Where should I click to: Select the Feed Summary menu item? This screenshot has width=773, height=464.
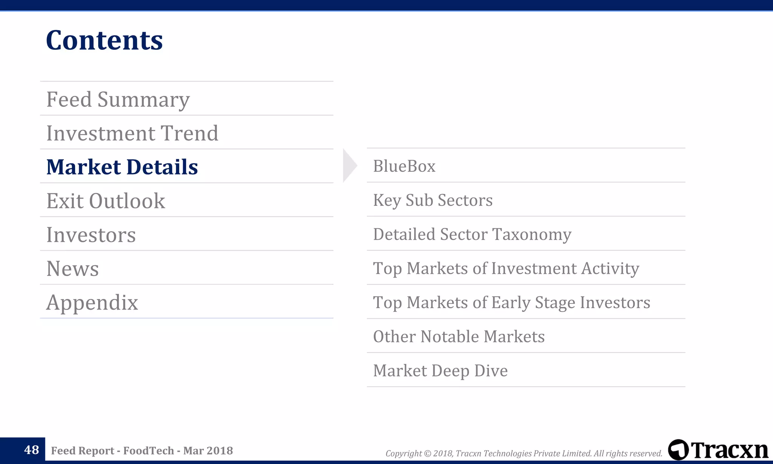[118, 99]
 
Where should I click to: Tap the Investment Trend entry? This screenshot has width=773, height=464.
[132, 133]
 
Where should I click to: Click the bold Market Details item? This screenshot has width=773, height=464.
[122, 167]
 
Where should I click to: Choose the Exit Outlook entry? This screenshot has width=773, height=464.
[106, 201]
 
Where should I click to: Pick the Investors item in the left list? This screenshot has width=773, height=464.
[91, 235]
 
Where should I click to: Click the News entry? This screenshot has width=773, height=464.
[72, 268]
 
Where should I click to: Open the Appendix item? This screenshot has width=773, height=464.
[92, 302]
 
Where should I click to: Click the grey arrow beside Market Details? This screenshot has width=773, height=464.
[349, 166]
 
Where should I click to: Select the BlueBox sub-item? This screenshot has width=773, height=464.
[404, 166]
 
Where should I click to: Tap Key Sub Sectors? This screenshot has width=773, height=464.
[433, 200]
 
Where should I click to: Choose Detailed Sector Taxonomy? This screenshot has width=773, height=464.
[472, 234]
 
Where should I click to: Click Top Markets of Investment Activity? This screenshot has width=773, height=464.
[506, 268]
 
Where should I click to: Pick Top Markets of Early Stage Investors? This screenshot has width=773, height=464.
[511, 302]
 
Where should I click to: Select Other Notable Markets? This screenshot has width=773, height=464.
[459, 336]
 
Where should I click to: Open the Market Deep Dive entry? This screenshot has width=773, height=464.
[440, 370]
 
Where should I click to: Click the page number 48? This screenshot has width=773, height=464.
[31, 450]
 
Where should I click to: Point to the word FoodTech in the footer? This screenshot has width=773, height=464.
[148, 450]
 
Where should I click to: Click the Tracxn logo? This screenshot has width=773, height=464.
[718, 450]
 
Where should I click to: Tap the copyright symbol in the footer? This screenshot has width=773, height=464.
[428, 453]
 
